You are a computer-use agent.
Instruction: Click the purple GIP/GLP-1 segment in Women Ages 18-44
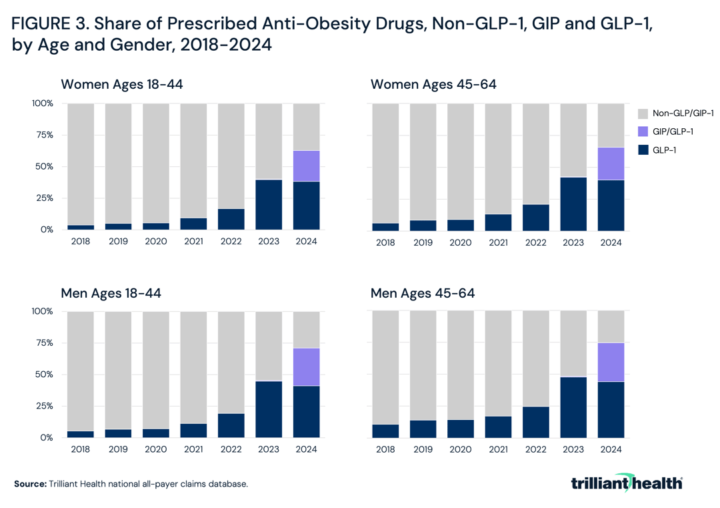coord(307,166)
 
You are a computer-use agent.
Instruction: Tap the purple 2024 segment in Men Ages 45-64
coord(610,362)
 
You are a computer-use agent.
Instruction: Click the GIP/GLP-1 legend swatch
coord(644,132)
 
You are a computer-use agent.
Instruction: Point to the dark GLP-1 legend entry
coord(667,151)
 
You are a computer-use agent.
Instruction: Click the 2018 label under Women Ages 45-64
coord(385,242)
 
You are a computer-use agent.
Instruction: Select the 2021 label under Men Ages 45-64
coord(498,450)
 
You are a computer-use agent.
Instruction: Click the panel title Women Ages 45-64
coord(433,85)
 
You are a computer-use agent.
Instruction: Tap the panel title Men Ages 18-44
coord(111,293)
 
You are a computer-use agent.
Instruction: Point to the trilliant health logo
coord(627,483)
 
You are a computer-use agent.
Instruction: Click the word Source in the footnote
coord(30,483)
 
